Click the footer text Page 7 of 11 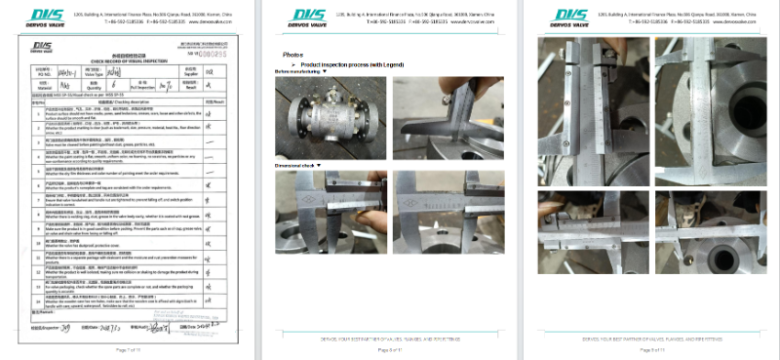131,348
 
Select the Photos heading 292,55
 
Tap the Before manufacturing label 298,72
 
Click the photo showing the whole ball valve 329,117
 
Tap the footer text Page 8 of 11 389,348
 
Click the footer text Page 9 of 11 647,348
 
